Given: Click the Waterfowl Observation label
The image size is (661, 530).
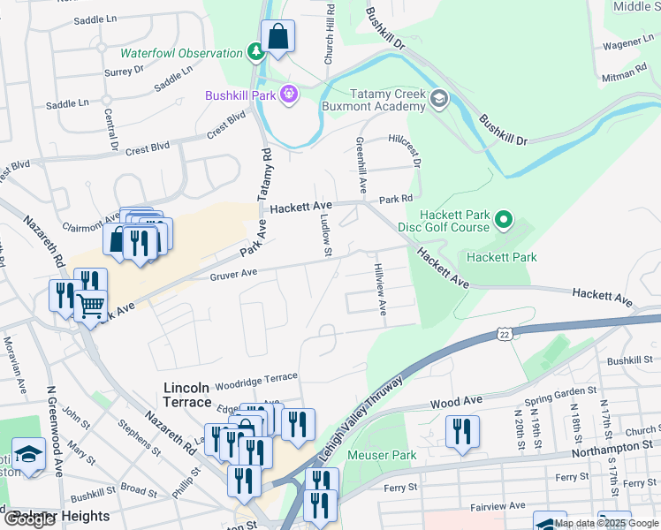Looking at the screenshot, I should click(181, 53).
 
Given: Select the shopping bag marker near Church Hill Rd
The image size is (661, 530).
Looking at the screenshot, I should click(277, 38).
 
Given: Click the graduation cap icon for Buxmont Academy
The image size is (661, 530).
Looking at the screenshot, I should click(438, 99).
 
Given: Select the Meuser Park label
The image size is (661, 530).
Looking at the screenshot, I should click(382, 455).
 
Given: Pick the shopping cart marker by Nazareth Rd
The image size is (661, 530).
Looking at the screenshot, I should click(91, 307).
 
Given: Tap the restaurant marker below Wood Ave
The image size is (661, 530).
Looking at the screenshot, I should click(461, 432).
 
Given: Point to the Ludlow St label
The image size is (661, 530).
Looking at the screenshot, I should click(324, 238).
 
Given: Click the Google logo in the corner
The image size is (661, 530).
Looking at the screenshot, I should click(29, 519).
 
